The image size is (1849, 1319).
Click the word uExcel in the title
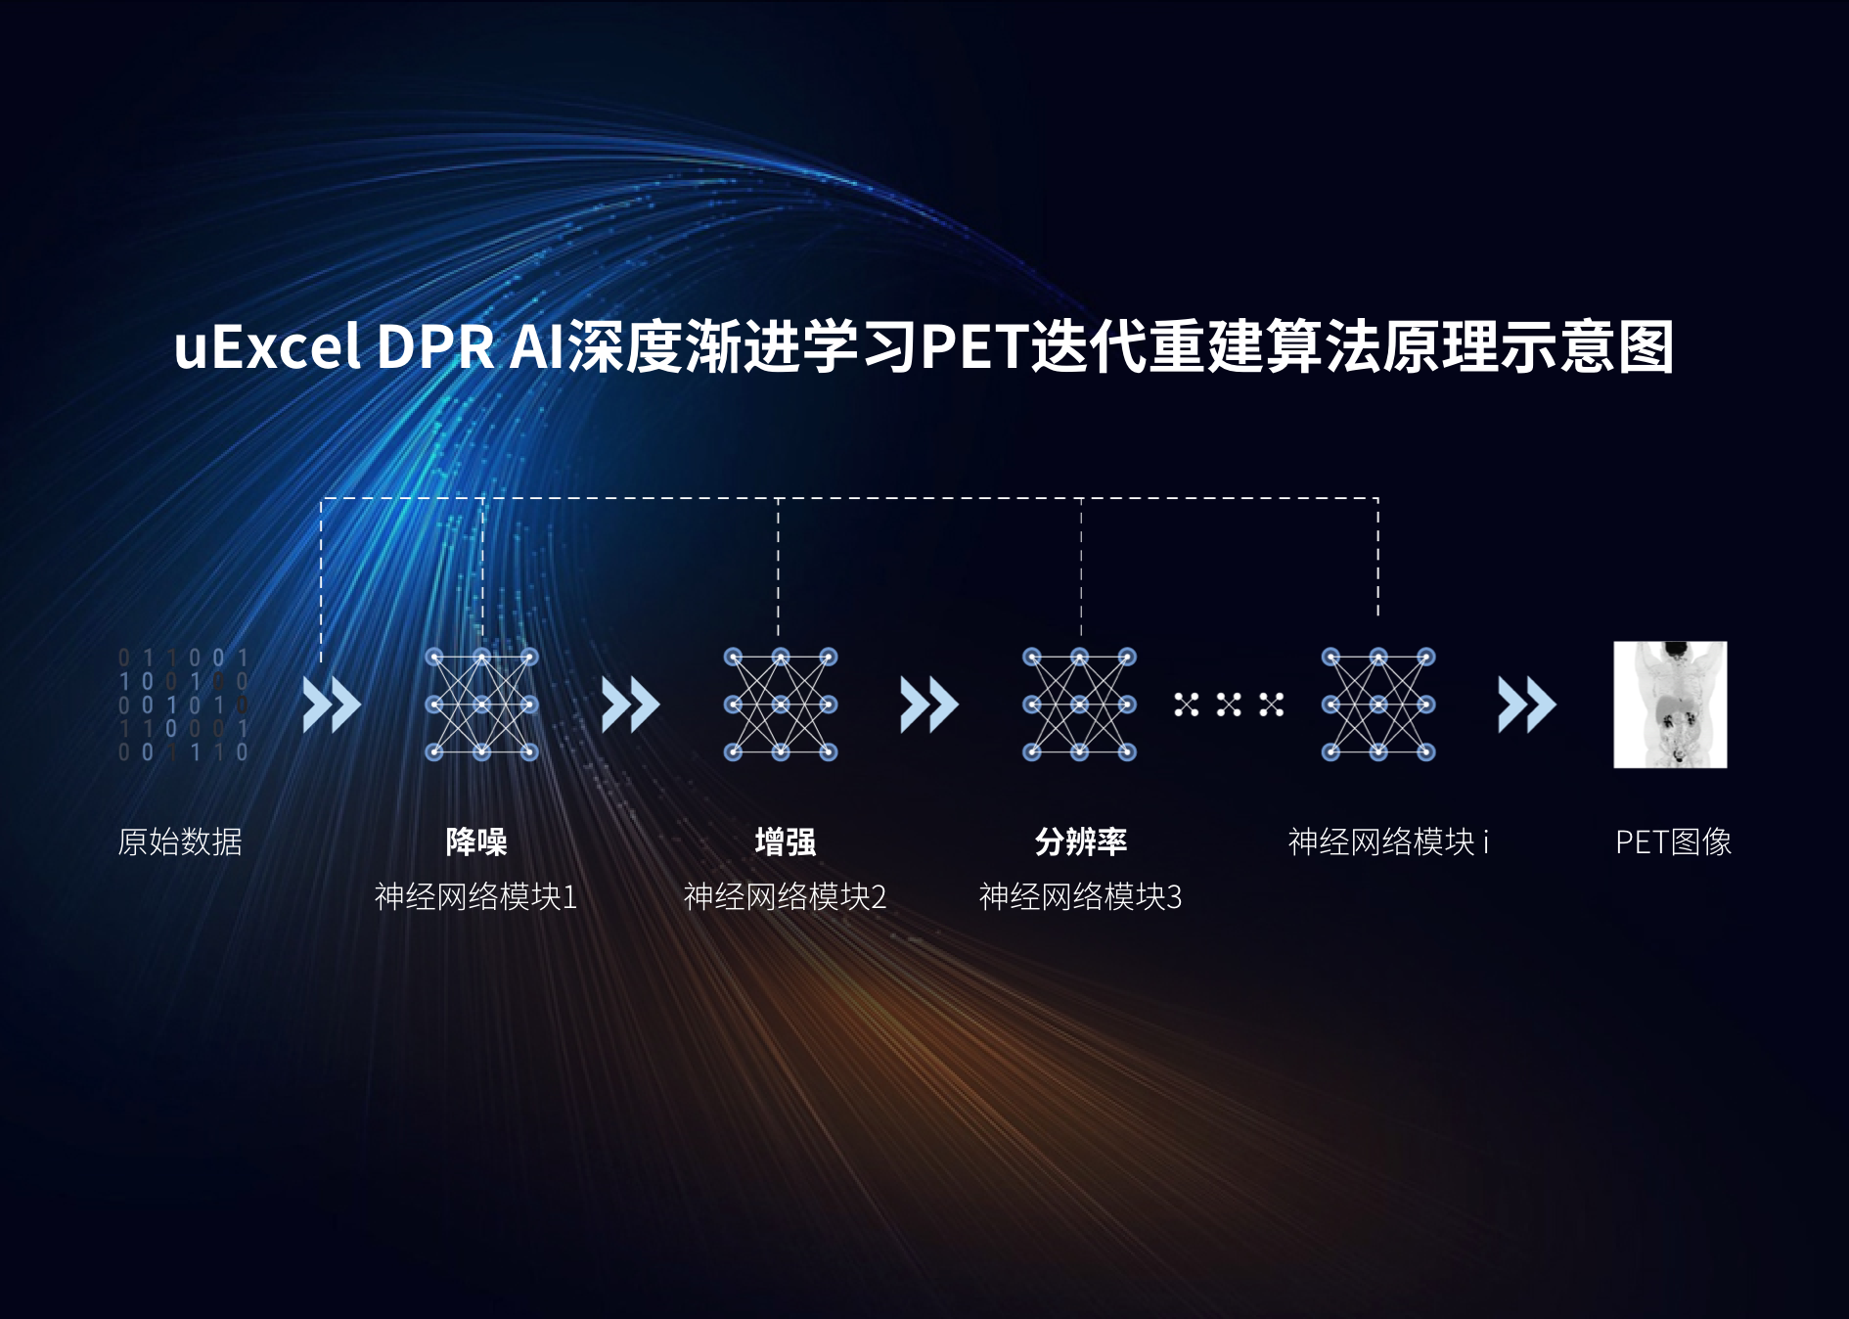pos(267,346)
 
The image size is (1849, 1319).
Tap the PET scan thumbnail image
pos(1670,705)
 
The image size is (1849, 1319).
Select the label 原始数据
pos(180,841)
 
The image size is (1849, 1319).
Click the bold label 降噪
pos(476,841)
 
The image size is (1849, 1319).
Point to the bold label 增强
pos(786,841)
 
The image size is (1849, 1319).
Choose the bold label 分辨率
pos(1081,841)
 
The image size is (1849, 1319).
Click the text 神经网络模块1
pos(476,896)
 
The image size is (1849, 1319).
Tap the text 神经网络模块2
pos(786,896)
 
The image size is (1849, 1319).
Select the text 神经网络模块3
pos(1081,896)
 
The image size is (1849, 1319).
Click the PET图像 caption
pos(1673,841)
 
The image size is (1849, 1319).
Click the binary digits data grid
pos(183,705)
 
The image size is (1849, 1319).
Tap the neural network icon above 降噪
pos(482,705)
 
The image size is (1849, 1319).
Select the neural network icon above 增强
pos(781,705)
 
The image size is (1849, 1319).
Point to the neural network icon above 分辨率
pos(1080,705)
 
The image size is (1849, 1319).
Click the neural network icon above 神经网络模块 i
pos(1378,705)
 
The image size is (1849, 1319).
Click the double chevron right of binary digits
pos(332,705)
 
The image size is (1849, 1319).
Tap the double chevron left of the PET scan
pos(1527,705)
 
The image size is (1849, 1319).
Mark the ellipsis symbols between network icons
pos(1229,705)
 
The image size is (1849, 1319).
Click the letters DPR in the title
pos(435,346)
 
